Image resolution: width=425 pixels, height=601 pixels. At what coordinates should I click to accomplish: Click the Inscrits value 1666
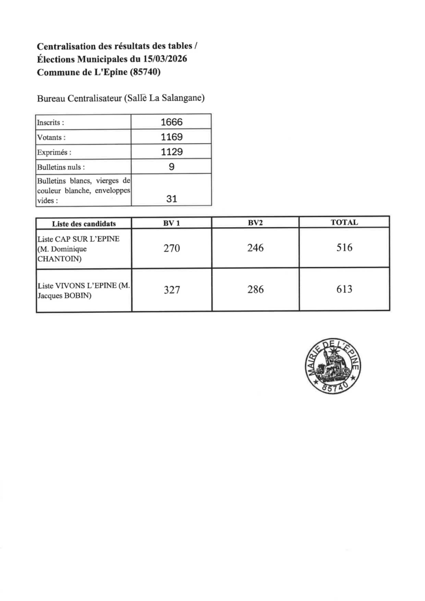coord(171,123)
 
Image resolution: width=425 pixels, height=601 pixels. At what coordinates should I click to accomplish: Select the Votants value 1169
coord(171,137)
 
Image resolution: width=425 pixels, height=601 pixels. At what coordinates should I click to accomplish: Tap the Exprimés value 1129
coord(171,152)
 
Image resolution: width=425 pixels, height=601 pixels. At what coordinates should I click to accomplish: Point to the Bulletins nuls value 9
coord(171,167)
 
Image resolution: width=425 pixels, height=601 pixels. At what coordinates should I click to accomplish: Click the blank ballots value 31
coord(171,199)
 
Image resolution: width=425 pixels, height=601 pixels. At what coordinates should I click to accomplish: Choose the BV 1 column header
coord(171,223)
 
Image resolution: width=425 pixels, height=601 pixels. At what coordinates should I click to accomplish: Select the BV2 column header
coord(255,223)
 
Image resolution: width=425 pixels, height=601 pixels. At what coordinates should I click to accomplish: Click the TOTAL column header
coord(345,222)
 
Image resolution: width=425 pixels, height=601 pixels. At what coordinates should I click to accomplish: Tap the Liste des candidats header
coord(84,224)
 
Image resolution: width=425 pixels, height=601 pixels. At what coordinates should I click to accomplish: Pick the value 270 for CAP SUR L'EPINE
coord(171,248)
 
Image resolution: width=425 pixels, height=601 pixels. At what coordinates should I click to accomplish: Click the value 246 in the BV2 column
coord(255,248)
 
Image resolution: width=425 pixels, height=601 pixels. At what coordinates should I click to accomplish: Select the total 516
coord(345,248)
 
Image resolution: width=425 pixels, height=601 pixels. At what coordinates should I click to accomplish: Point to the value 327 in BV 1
coord(171,289)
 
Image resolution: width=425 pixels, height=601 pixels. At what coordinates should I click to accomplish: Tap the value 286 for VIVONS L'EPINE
coord(255,289)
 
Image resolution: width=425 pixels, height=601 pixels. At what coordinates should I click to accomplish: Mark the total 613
coord(345,289)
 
